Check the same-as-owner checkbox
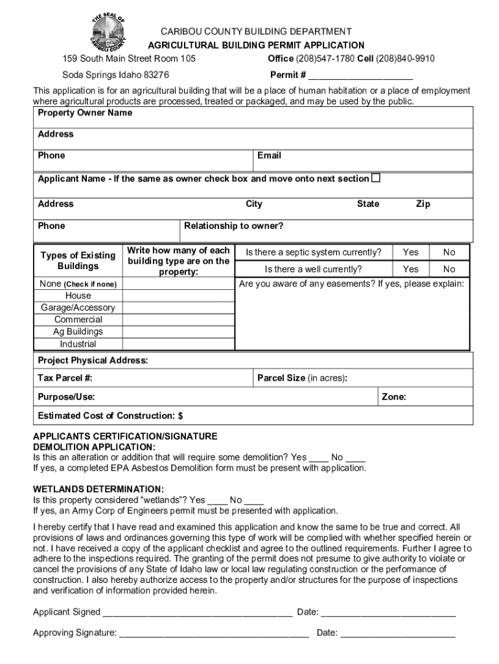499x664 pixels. pos(375,178)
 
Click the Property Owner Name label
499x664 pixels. pos(85,113)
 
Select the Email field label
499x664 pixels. pos(269,156)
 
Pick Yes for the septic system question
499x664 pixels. pos(410,252)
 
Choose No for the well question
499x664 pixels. pos(449,269)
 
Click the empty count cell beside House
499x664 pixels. pos(178,296)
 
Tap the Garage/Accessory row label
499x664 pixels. pos(78,308)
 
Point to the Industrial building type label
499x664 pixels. pos(78,344)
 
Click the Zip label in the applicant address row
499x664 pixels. pos(423,204)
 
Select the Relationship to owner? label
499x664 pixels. pos(234,226)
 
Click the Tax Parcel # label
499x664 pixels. pos(65,377)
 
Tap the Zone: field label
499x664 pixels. pos(394,397)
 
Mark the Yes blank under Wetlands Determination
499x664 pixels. pos(218,500)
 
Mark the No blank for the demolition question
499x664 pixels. pos(356,457)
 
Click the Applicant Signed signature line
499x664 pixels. pos(198,612)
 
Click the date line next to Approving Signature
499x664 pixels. pos(398,633)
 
